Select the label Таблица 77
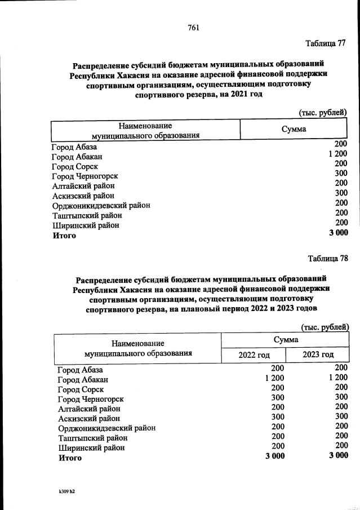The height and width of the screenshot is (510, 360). point(325,43)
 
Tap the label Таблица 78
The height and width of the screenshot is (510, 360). point(328,259)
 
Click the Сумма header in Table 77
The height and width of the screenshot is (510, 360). point(294,129)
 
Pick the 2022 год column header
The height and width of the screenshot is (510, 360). point(254,354)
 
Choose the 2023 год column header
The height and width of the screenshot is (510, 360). point(318,354)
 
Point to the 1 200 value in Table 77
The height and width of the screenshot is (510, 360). point(338,153)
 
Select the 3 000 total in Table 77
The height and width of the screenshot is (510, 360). point(338,232)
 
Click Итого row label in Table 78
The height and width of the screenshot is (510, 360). point(70,458)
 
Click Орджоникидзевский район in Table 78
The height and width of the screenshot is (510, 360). point(107,428)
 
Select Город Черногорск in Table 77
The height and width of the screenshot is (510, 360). point(85,176)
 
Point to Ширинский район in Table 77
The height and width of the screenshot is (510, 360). point(85,225)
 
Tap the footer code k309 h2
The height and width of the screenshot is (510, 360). point(63,492)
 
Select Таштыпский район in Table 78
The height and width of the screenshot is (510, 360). point(93,438)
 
